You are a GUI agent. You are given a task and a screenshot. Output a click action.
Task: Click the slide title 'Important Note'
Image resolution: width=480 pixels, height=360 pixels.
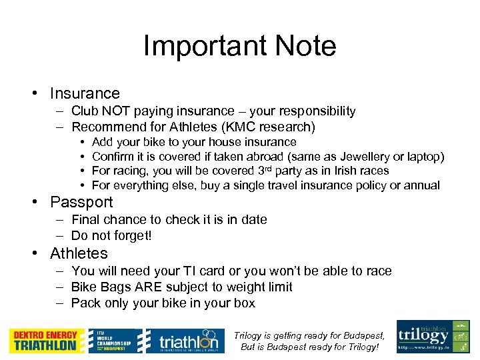click(x=239, y=46)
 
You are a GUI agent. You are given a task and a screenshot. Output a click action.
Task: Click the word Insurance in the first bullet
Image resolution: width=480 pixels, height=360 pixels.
click(x=85, y=93)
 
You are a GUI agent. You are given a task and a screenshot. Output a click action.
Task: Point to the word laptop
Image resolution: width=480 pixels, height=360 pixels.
click(x=425, y=157)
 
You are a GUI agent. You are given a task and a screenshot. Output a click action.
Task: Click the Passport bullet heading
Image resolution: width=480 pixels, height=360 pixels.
click(x=81, y=202)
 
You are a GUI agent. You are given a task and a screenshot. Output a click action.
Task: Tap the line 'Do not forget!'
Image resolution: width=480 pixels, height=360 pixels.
click(x=111, y=235)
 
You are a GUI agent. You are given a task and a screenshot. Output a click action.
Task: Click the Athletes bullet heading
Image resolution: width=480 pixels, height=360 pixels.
click(x=79, y=253)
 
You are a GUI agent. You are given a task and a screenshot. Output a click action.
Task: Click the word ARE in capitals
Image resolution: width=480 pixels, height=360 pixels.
click(x=150, y=287)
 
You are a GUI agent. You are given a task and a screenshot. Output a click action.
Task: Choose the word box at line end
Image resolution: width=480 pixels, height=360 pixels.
click(x=244, y=303)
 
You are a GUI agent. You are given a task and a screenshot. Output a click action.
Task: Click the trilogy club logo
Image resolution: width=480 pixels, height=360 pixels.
click(x=433, y=336)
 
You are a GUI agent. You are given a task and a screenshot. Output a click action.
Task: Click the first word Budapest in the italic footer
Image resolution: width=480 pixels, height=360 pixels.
click(x=361, y=335)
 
